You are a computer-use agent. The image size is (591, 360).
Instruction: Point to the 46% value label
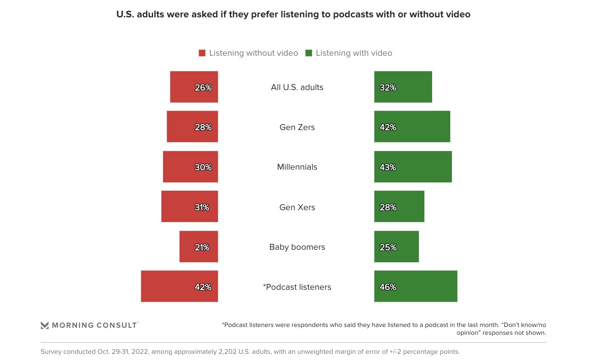pos(388,287)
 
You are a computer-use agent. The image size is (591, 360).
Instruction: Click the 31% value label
pos(202,207)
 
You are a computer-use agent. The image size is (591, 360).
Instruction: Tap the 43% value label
pos(388,167)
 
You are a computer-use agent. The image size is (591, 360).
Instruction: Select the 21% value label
pos(202,247)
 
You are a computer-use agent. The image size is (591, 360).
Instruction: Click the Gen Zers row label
pos(297,127)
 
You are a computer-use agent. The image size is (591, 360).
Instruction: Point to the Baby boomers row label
pos(297,247)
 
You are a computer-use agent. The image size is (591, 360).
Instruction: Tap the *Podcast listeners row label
pos(297,287)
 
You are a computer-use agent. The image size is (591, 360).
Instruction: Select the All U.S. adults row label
pos(297,87)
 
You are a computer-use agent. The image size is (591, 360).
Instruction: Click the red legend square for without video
pos(202,53)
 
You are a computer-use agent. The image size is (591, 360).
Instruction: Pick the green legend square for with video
pos(309,53)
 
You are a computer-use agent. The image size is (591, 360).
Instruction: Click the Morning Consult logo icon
pos(45,325)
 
